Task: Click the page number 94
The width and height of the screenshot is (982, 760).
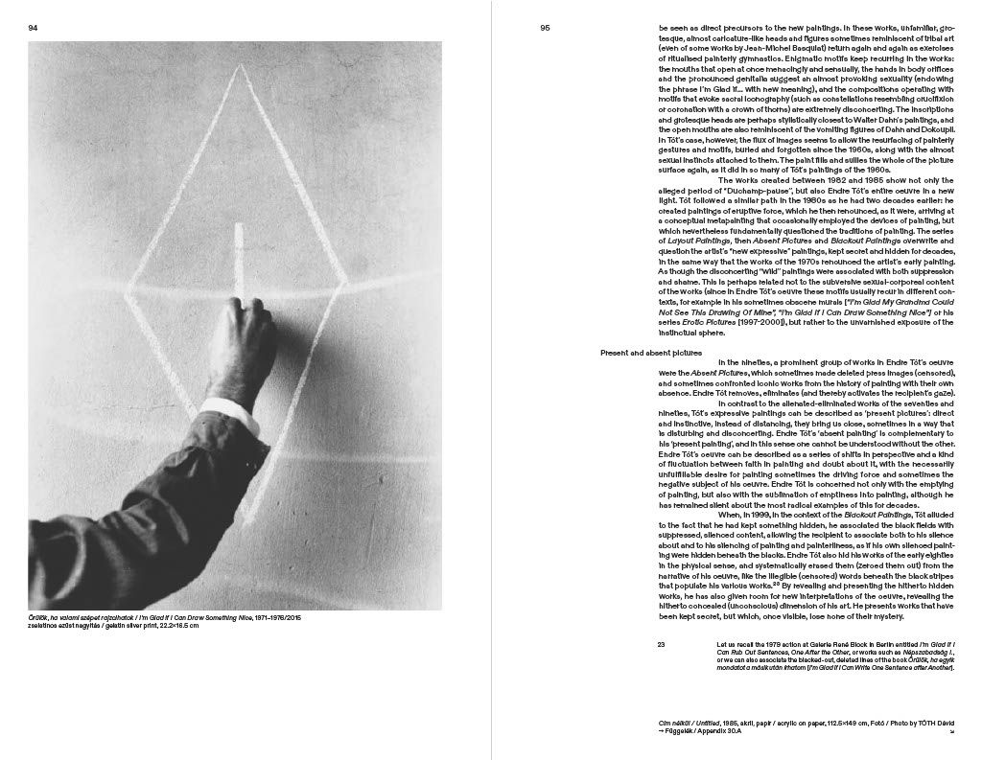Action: [x=32, y=28]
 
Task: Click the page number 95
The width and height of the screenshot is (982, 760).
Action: [x=545, y=28]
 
